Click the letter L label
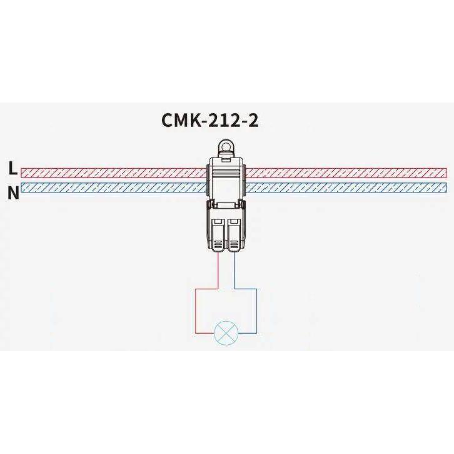tap(13, 169)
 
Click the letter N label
tap(13, 193)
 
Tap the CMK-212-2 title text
tap(210, 121)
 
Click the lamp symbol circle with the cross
tap(226, 333)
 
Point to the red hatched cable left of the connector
tap(113, 173)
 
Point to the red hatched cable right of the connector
tap(346, 173)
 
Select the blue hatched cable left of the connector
tap(113, 188)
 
